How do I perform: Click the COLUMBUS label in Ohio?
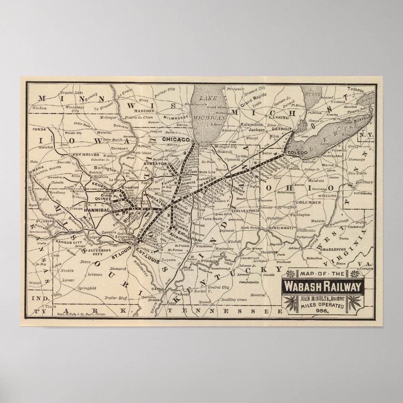(309, 203)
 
